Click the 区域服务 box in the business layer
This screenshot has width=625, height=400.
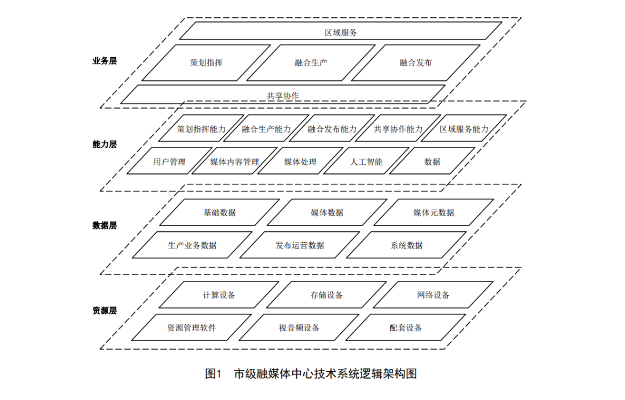pyautogui.click(x=341, y=32)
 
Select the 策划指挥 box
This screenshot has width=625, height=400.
pyautogui.click(x=206, y=62)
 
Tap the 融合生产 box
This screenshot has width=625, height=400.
pyautogui.click(x=311, y=62)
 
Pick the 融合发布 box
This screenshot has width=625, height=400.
pyautogui.click(x=416, y=62)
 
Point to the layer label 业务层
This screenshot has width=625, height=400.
pyautogui.click(x=104, y=60)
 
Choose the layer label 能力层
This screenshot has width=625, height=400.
pyautogui.click(x=104, y=144)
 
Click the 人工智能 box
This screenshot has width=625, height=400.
pyautogui.click(x=366, y=162)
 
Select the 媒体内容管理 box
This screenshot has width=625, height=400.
pyautogui.click(x=234, y=162)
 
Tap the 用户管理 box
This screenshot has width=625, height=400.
pyautogui.click(x=169, y=162)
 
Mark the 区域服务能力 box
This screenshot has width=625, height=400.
pyautogui.click(x=464, y=129)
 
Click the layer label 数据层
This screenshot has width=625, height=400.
pyautogui.click(x=104, y=225)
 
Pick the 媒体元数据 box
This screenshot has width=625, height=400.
pyautogui.click(x=433, y=212)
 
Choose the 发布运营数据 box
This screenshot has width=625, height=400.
pyautogui.click(x=300, y=245)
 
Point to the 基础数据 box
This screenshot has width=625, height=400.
pyautogui.click(x=219, y=212)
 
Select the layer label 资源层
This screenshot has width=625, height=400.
pyautogui.click(x=104, y=310)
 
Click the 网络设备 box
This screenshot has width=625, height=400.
pyautogui.click(x=433, y=295)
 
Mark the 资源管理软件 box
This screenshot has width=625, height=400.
pyautogui.click(x=192, y=328)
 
